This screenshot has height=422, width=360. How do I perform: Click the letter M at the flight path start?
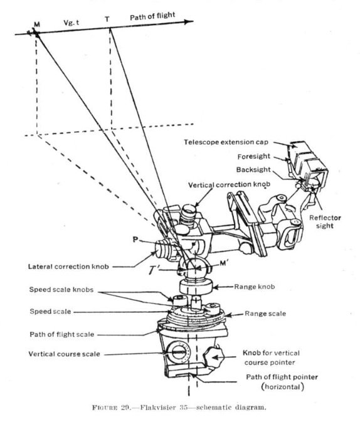click(x=37, y=23)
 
